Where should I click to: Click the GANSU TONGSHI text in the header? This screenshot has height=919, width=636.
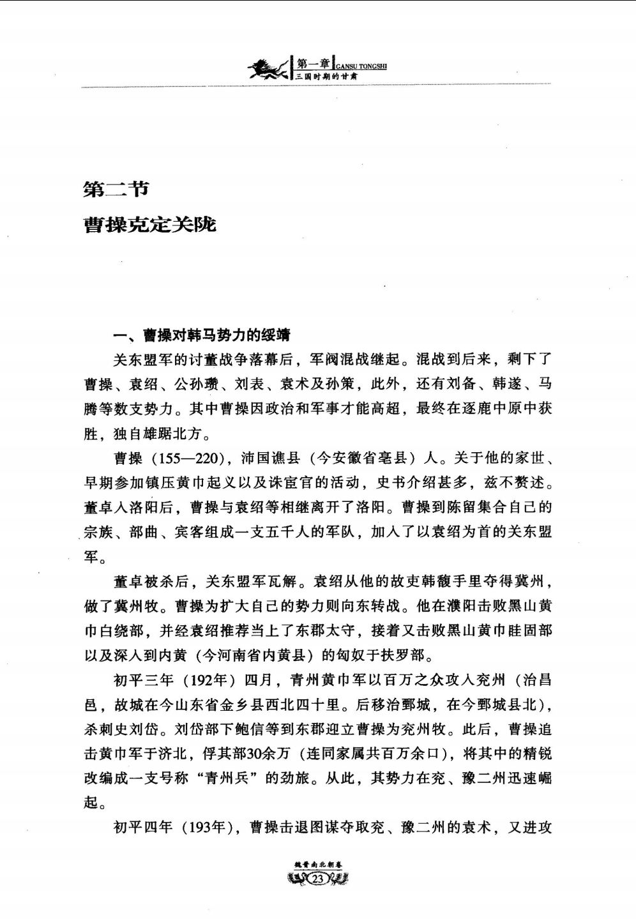(x=361, y=65)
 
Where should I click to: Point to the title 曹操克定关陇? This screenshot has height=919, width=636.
(x=151, y=224)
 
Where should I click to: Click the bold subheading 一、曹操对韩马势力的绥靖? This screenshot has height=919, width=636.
(x=202, y=335)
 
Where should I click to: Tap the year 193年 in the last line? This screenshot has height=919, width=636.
(x=204, y=828)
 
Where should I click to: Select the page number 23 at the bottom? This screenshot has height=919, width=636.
(x=317, y=880)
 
